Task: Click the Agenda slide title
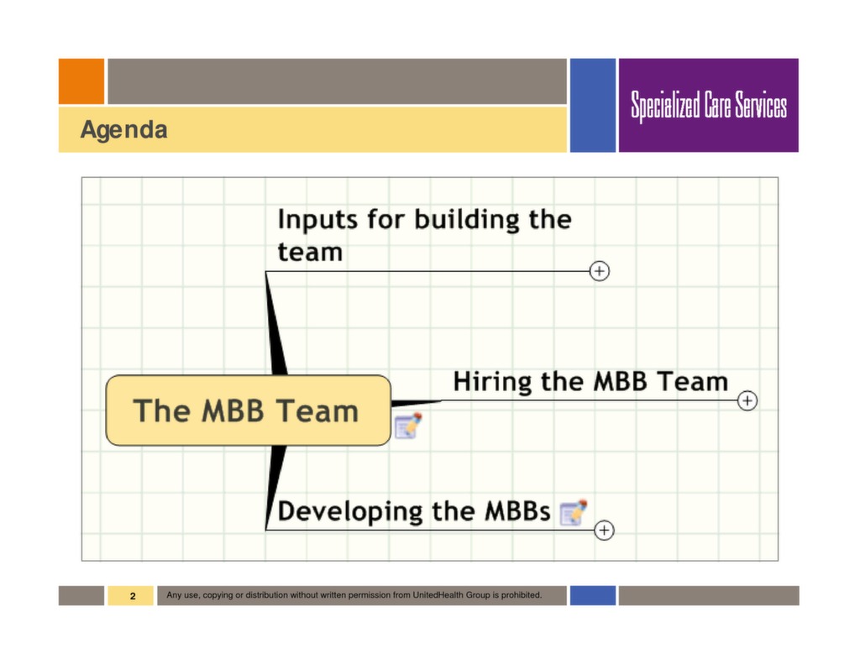coord(123,130)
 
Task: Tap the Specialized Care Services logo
coord(709,106)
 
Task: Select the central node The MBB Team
coord(248,410)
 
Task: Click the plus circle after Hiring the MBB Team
coord(747,401)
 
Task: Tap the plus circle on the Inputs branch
coord(599,271)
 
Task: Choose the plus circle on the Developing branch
coord(604,531)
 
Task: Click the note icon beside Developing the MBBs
coord(573,512)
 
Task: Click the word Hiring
coord(493,382)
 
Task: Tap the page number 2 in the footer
coord(132,596)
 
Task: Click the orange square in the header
coord(81,81)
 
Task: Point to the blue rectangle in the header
coord(593,105)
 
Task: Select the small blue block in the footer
coord(593,595)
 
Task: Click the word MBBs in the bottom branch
coord(517,511)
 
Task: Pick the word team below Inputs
coord(310,252)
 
